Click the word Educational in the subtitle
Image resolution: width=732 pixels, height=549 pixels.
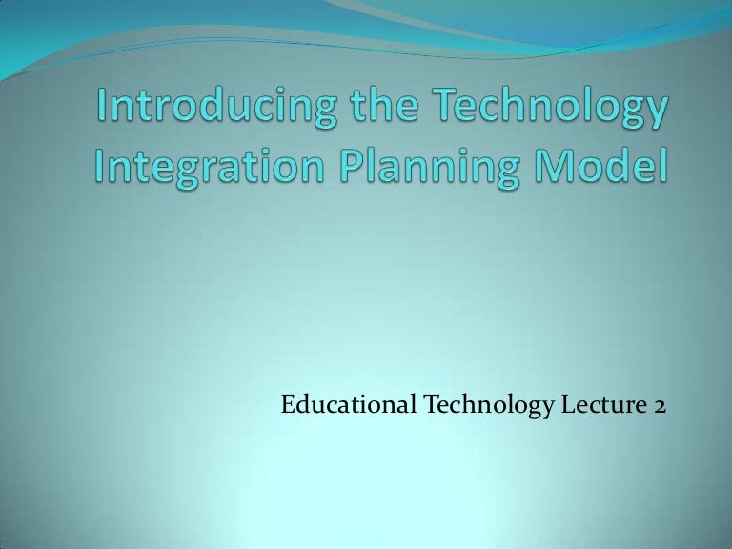348,406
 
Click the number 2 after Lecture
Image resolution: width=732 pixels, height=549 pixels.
660,406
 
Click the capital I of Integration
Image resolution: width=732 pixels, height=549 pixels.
100,168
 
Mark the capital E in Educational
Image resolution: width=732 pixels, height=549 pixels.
288,406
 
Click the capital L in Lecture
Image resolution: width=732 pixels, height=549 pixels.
565,406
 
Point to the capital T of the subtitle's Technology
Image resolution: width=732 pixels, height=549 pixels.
430,406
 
